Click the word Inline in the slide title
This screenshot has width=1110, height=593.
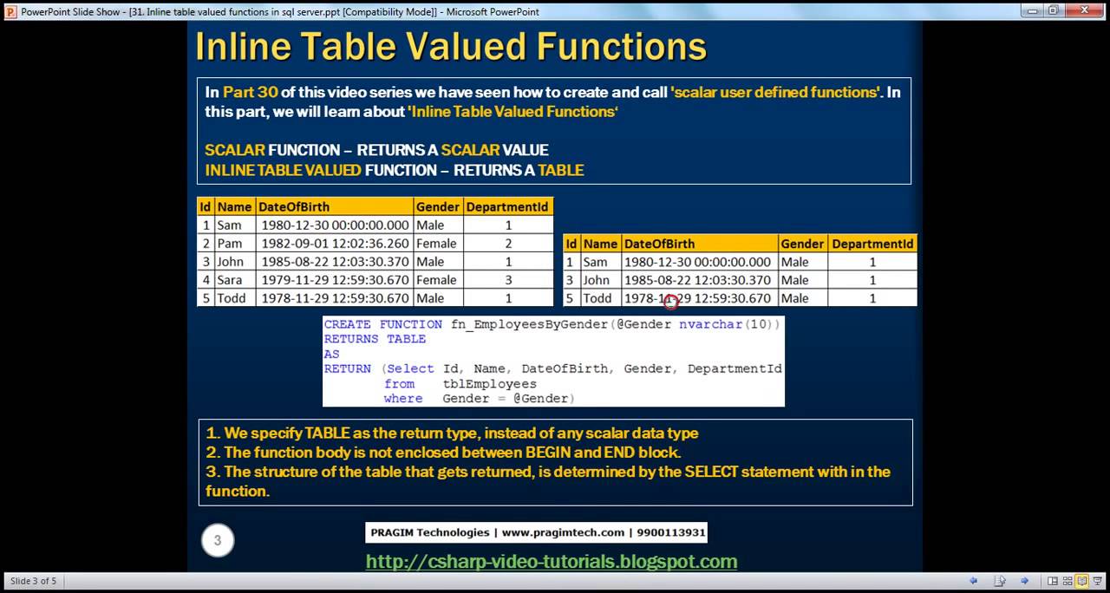248,47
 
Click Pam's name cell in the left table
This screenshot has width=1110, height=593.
230,244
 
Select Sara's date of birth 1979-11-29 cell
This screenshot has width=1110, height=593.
335,280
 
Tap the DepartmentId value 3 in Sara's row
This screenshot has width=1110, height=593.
508,280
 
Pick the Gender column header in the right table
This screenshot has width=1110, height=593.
801,244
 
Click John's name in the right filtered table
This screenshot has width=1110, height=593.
596,280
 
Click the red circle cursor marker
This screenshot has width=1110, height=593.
670,302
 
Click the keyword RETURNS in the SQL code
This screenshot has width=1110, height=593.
351,339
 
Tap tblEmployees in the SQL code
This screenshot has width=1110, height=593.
489,383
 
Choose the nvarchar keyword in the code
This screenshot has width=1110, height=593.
710,324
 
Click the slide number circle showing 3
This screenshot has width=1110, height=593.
218,540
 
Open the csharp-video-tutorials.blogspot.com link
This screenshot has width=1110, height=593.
552,562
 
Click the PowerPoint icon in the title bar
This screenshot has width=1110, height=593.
10,11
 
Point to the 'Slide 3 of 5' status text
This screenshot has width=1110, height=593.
33,581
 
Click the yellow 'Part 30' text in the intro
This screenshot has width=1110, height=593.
250,92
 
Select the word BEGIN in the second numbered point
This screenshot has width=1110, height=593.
547,453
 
